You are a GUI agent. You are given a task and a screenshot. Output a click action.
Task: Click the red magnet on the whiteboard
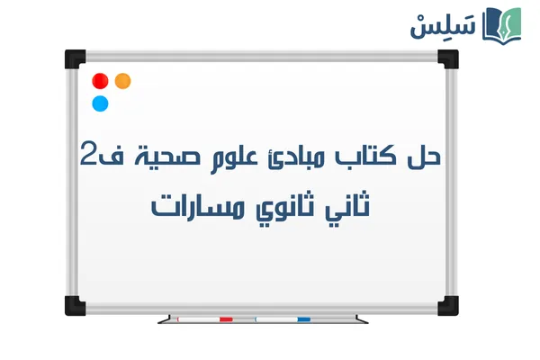[101, 81]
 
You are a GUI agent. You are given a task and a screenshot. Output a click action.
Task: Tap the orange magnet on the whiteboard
[123, 81]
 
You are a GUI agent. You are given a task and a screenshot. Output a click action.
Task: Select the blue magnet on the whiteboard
[101, 103]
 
